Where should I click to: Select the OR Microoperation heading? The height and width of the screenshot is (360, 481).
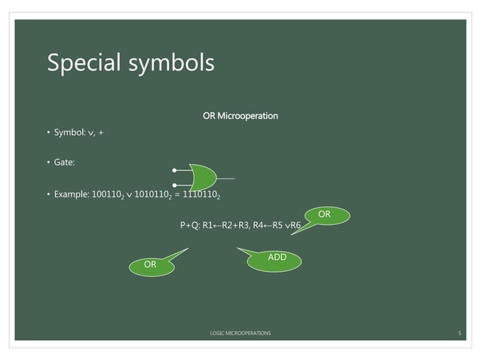pos(240,116)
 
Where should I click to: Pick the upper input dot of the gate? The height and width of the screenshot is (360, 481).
pos(175,170)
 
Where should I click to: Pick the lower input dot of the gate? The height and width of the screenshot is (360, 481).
pos(175,185)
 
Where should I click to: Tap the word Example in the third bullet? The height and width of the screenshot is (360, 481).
pos(71,196)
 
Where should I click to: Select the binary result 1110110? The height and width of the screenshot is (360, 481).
pos(201,196)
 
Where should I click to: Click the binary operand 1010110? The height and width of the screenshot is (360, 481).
pos(154,196)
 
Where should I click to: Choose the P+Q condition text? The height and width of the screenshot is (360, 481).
pos(190,224)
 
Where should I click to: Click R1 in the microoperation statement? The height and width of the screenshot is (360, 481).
pos(209,224)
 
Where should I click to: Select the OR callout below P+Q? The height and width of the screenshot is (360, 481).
pos(151,264)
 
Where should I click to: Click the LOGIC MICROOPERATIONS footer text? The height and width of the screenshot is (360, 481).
pos(240,332)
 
